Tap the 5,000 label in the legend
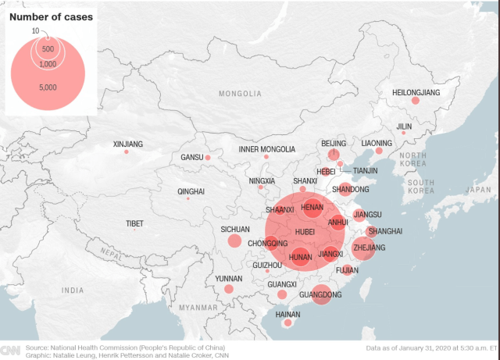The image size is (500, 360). coord(47,87)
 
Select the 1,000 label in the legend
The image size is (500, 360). coord(47,63)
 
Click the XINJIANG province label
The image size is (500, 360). coord(128,144)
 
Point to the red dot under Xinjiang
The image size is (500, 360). coord(126,151)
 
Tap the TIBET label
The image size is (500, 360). coord(134,223)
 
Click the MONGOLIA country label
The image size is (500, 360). coord(240,94)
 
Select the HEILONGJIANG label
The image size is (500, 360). coord(416,92)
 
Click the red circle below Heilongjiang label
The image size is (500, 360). coord(416,101)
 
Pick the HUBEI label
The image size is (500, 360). coord(305,232)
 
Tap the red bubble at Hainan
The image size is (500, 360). coord(287,323)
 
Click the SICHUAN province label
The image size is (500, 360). coord(234,229)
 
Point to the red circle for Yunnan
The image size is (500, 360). coord(228,289)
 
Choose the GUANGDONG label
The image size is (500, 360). coord(320,294)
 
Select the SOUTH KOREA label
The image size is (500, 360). coord(420,187)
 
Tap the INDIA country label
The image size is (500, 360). coord(73,290)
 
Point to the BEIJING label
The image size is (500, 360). coord(334,144)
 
